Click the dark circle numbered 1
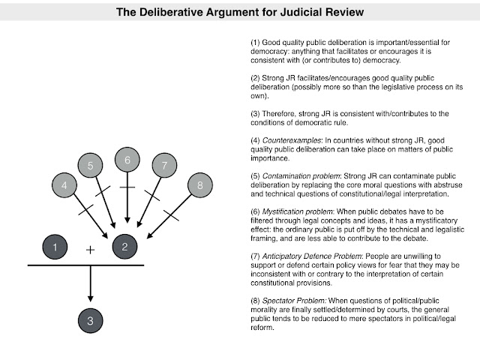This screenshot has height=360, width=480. coord(55,247)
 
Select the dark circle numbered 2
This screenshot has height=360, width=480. coord(124,247)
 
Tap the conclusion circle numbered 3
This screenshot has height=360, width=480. coord(90,320)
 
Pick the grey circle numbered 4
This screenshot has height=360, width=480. coord(64,185)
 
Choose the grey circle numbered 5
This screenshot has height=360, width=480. coord(90,165)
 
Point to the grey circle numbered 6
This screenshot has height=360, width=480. coord(127,160)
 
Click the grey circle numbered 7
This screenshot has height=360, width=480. coord(164,165)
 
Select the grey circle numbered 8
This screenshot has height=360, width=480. coord(200,185)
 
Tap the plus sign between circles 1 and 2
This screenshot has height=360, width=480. coord(90,250)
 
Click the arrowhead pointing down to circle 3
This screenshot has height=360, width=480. coord(90,298)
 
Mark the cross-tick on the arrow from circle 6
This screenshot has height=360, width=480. coord(127,187)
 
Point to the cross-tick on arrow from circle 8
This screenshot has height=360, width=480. coord(172,215)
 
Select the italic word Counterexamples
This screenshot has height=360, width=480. coord(292,140)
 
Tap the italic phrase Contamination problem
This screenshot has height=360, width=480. coord(301,176)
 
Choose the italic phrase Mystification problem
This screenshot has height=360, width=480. coord(298,211)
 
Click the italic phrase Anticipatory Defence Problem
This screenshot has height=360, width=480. coord(312,256)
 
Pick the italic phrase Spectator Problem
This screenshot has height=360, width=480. coord(294,301)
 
